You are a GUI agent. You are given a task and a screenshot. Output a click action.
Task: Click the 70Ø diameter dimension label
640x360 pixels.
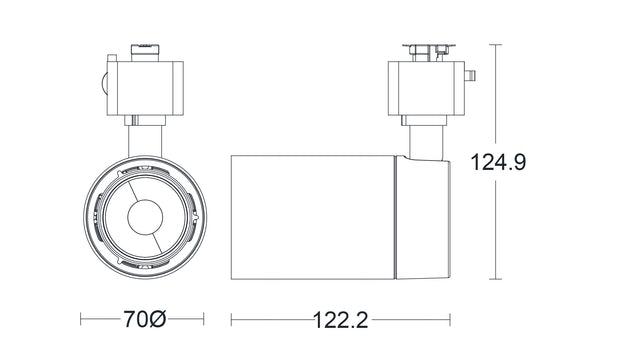click(x=144, y=320)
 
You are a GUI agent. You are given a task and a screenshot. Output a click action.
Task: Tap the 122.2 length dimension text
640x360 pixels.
click(x=340, y=320)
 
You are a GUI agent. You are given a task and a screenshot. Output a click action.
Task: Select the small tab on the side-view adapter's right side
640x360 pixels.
click(x=470, y=77)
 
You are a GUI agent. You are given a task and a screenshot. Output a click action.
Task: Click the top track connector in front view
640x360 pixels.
click(x=146, y=47)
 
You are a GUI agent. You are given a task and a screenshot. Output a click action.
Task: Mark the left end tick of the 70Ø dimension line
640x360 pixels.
click(x=82, y=320)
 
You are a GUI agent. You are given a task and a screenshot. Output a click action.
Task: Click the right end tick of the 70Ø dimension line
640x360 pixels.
click(x=204, y=320)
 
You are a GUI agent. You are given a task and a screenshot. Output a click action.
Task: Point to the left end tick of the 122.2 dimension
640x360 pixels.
click(x=232, y=320)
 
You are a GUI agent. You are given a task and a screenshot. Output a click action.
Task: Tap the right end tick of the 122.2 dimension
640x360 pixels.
click(x=450, y=320)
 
